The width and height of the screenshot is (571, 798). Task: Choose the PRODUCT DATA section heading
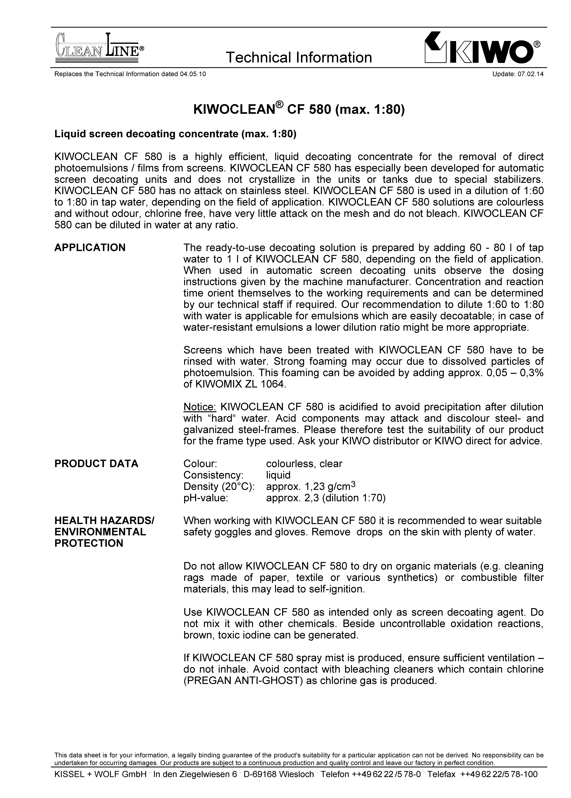click(x=96, y=464)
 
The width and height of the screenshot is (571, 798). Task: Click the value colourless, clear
click(x=304, y=464)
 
